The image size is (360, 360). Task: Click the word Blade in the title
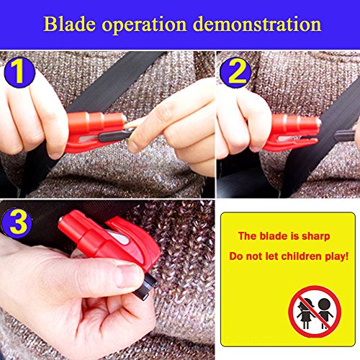point(70,24)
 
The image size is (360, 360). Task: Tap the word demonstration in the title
point(257,24)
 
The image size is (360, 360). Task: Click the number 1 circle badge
point(19,72)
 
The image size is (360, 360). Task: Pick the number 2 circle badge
point(235,72)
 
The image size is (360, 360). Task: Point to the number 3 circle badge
point(17,223)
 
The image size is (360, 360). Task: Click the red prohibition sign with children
point(315,312)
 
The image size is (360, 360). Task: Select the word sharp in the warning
point(315,237)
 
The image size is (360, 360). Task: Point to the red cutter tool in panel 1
point(96,132)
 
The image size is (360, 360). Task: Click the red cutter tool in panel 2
point(292,132)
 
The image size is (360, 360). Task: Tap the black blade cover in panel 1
point(117,136)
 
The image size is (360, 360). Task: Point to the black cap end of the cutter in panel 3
point(145,287)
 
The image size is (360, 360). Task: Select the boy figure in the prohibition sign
point(325,313)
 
